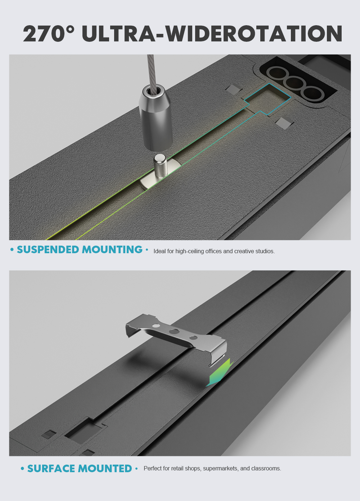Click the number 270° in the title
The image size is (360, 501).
49,33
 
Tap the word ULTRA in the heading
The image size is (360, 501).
118,33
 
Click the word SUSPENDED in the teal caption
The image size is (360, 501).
48,250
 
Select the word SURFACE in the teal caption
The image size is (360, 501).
51,468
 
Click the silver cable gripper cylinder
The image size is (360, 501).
156,117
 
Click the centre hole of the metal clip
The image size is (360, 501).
173,331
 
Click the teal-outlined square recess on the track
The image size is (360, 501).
267,99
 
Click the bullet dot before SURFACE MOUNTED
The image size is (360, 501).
22,469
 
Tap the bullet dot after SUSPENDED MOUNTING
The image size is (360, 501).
147,249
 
